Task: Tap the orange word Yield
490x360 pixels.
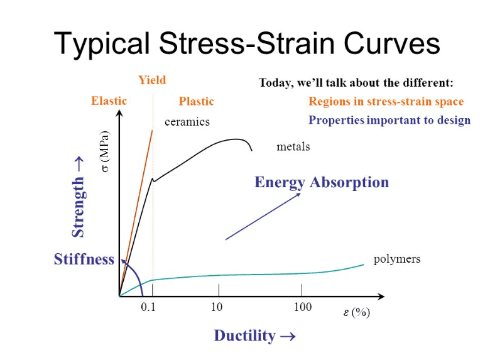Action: (152, 80)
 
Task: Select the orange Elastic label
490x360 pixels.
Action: (109, 101)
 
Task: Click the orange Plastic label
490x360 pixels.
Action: (196, 101)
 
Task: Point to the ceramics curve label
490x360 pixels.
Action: (187, 122)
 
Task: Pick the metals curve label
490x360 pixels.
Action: (293, 146)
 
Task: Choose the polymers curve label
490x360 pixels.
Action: (396, 259)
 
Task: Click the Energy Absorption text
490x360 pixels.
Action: (322, 182)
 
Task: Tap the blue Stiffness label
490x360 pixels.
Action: (84, 259)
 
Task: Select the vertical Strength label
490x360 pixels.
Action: (79, 198)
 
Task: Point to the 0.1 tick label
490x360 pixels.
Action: (148, 307)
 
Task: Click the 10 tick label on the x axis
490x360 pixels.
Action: (217, 307)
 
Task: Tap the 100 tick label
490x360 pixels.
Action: (302, 307)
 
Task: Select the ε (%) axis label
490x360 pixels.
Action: (356, 313)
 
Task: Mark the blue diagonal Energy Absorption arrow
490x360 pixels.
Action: (263, 216)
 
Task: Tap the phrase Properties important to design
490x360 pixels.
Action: (389, 121)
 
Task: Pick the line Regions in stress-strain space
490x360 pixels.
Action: (386, 101)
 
